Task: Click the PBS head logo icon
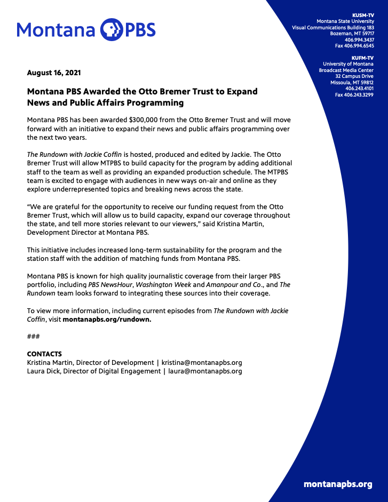coord(112,29)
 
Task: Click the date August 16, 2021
coord(54,73)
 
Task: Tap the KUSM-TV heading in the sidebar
coord(363,15)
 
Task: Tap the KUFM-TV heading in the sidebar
coord(363,58)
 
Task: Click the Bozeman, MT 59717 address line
coord(352,34)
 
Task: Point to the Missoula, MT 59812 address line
coord(352,83)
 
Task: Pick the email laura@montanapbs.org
coord(205,371)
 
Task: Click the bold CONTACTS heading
coord(44,354)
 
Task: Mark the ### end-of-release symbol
coord(33,336)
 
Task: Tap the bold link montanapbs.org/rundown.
coord(107,319)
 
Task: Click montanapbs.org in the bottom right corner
coord(338,484)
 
